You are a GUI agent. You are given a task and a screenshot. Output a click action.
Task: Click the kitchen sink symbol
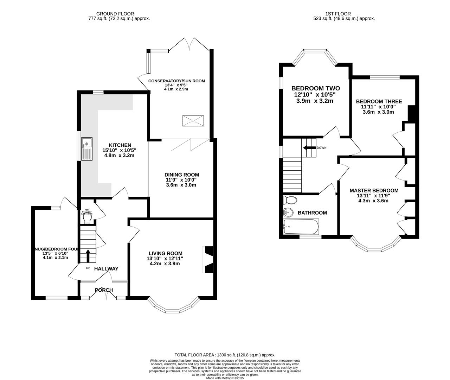86,149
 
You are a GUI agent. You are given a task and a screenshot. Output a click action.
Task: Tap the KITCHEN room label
120,145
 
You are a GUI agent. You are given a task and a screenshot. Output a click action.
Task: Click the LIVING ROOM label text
165,253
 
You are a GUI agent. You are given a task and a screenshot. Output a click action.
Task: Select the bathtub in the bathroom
301,227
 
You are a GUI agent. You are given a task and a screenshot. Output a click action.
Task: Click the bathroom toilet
290,200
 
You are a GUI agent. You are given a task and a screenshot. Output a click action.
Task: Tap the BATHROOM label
312,213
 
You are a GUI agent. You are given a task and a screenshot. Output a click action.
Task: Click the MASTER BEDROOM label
374,190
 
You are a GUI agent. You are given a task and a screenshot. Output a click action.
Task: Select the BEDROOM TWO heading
315,88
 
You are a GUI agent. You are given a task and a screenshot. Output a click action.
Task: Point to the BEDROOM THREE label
379,101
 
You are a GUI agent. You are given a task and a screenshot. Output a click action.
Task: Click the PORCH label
104,290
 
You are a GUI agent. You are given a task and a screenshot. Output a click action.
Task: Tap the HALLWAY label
106,269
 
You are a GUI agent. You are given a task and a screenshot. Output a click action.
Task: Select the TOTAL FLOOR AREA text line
225,355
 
